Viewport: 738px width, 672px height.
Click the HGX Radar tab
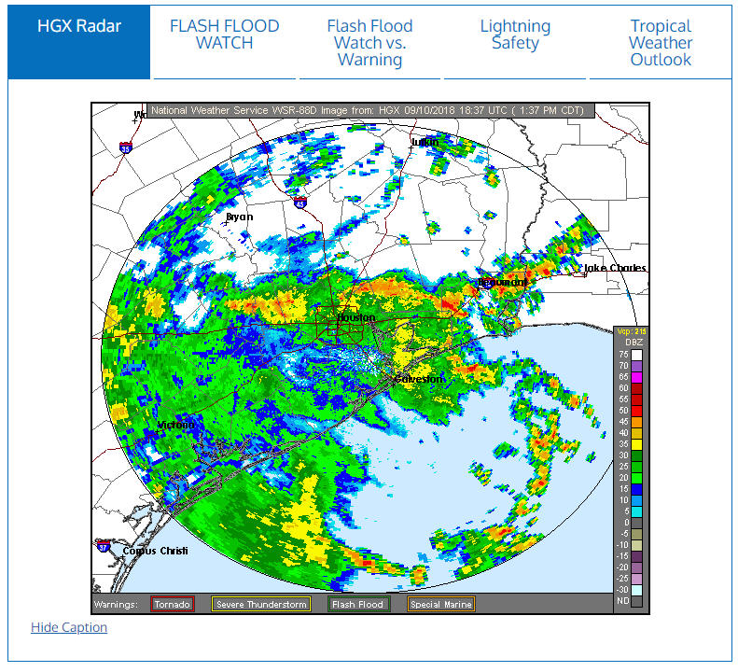(x=79, y=26)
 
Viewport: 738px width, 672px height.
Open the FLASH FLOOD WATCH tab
(x=225, y=35)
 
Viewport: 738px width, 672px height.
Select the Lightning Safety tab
(x=515, y=35)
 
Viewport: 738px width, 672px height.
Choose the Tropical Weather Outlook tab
(x=661, y=43)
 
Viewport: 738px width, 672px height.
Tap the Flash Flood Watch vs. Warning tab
(x=369, y=43)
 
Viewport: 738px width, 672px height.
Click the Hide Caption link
(x=69, y=627)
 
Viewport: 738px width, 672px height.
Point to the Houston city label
(x=355, y=317)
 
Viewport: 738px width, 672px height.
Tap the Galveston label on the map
(x=420, y=380)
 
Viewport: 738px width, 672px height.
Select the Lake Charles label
(x=615, y=269)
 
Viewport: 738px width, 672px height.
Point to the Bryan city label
(x=240, y=217)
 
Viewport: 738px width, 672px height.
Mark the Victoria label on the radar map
(x=176, y=426)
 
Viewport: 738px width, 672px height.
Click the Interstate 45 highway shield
(x=299, y=201)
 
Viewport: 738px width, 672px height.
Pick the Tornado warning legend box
(x=173, y=605)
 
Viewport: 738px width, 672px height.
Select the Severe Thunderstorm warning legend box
(x=261, y=605)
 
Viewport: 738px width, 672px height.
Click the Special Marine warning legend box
(x=441, y=605)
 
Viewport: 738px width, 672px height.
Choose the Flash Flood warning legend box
(x=358, y=605)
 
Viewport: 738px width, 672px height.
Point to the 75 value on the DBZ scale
(x=623, y=355)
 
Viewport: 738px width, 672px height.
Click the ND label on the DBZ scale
(x=623, y=601)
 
